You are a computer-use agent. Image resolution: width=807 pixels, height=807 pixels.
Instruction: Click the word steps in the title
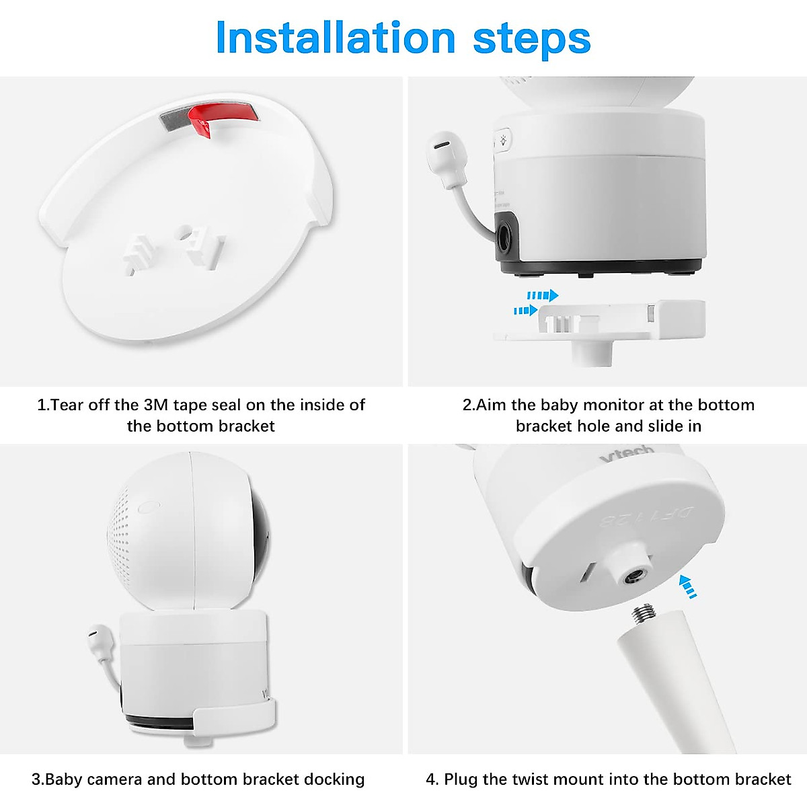(531, 40)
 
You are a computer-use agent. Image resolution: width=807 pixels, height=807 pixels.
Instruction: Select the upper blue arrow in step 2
(543, 295)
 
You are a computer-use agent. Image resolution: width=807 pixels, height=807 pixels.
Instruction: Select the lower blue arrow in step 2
(525, 311)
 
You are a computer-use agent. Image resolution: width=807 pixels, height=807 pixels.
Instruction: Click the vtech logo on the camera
(627, 454)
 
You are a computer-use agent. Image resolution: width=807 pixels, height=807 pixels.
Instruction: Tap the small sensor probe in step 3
(99, 637)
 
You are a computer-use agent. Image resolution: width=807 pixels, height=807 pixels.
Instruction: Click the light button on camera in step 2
(502, 142)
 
